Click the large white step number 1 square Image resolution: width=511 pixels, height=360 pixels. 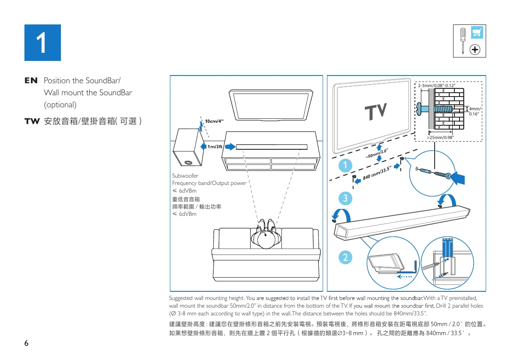42,42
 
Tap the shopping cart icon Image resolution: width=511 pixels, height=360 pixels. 475,32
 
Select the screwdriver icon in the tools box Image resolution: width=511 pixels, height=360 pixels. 463,40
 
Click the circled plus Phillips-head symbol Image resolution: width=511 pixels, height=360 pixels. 475,50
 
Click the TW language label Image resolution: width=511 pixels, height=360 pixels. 31,121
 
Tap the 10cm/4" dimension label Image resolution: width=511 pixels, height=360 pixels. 215,121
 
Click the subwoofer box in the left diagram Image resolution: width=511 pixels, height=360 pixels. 188,148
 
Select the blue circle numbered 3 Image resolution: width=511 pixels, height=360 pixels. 345,199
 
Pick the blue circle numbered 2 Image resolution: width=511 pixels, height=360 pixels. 345,257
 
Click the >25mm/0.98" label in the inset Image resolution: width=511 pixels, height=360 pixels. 440,137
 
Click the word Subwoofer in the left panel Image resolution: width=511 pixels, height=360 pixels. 185,175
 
